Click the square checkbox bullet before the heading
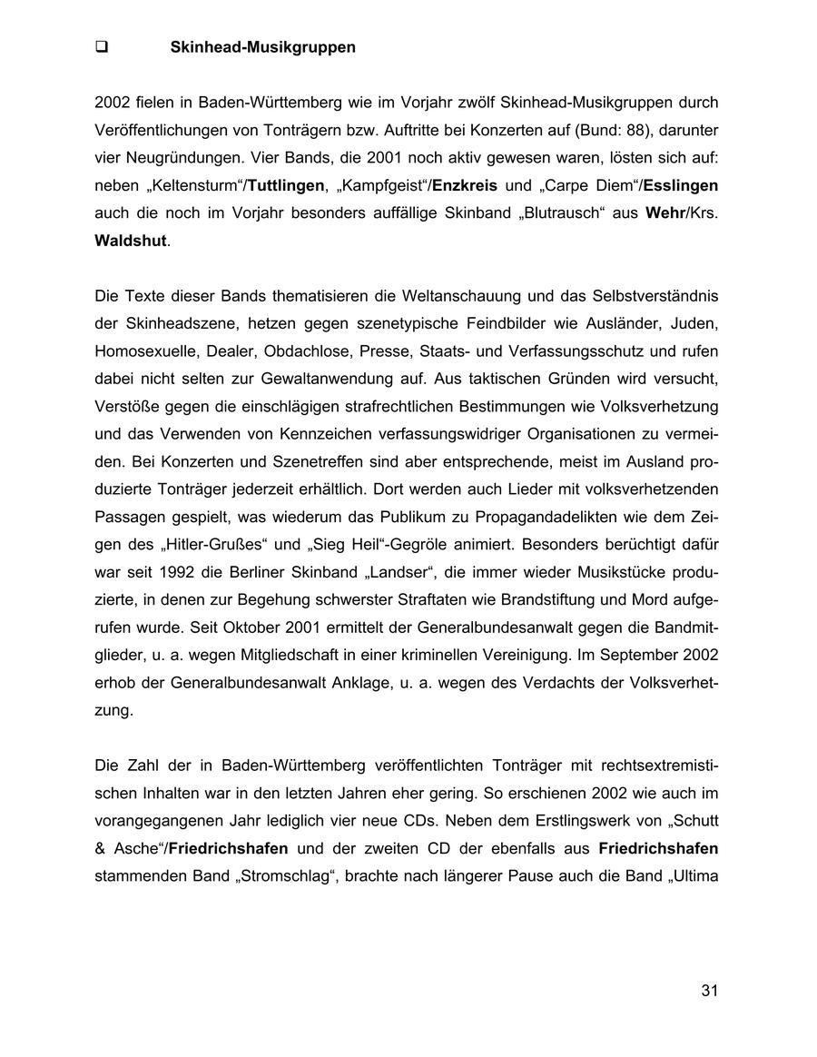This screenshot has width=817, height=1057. tap(102, 47)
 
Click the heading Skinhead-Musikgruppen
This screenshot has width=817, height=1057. tap(262, 47)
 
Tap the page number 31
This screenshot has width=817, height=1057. tap(709, 991)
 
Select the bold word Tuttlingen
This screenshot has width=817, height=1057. tap(285, 185)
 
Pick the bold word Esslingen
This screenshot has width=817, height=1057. tap(680, 185)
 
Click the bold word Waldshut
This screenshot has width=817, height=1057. tap(131, 242)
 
